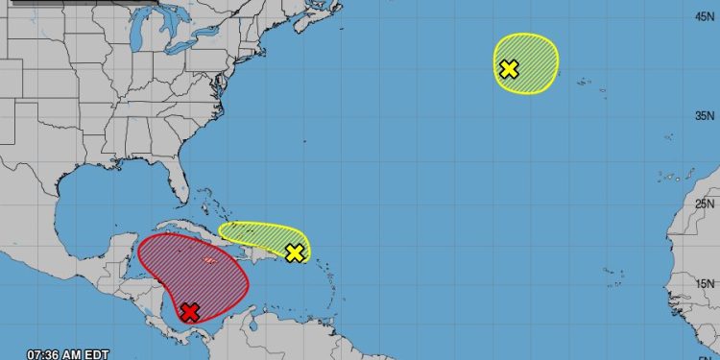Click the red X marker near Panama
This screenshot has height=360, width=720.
[190, 311]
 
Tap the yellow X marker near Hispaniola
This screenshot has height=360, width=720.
[295, 252]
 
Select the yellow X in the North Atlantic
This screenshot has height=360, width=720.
[509, 68]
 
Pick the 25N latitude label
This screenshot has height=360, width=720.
[706, 204]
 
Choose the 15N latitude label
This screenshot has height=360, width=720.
[706, 283]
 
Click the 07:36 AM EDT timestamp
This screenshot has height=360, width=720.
[67, 351]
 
